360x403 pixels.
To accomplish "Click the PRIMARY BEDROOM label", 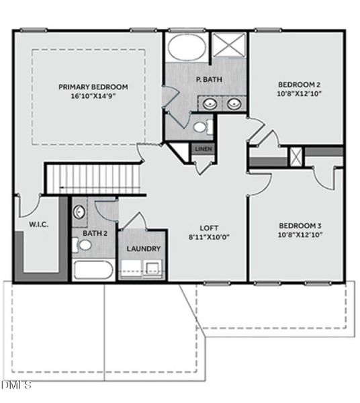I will (x=93, y=87).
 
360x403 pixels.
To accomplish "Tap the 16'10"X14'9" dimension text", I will (x=93, y=97).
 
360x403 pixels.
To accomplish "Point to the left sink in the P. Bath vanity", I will (x=211, y=103).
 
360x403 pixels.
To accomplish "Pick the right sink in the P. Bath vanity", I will (x=234, y=103).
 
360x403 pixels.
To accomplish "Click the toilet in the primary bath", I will (x=201, y=126).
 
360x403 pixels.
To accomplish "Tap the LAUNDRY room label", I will (x=144, y=249).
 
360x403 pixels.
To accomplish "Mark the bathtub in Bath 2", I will (x=94, y=270).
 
